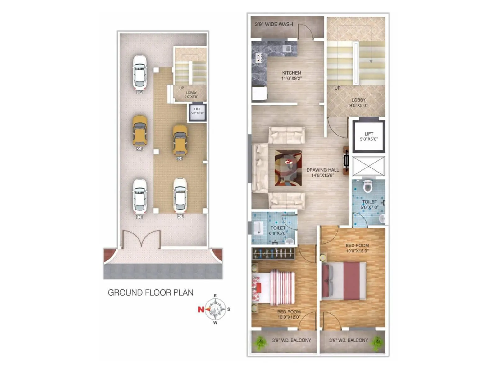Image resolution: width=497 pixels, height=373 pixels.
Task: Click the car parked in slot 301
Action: pos(139,72)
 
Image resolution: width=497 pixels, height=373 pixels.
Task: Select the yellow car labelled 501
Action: pos(180,140)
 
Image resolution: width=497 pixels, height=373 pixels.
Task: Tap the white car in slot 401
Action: pos(180,195)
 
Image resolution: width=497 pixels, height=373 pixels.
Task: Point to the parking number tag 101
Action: pos(139,217)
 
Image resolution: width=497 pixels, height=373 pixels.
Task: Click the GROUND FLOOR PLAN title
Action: pos(150,292)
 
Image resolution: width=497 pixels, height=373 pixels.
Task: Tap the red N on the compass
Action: pos(201,309)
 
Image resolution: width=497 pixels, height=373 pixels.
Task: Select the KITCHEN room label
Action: pos(291,73)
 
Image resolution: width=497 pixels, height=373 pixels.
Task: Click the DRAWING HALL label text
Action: pos(322,170)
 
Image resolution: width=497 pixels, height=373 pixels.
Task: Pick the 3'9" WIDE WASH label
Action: pos(274,24)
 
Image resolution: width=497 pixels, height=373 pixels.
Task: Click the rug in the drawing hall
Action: pos(288,168)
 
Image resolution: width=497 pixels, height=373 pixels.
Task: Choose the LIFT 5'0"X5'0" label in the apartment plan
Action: pos(369,136)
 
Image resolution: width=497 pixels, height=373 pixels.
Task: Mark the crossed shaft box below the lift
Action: pos(368,166)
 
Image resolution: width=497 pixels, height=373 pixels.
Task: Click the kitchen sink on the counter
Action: pos(287,48)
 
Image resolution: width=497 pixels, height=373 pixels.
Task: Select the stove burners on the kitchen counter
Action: pos(258,58)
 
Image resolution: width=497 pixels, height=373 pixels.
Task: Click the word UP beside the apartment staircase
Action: pos(337,88)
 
